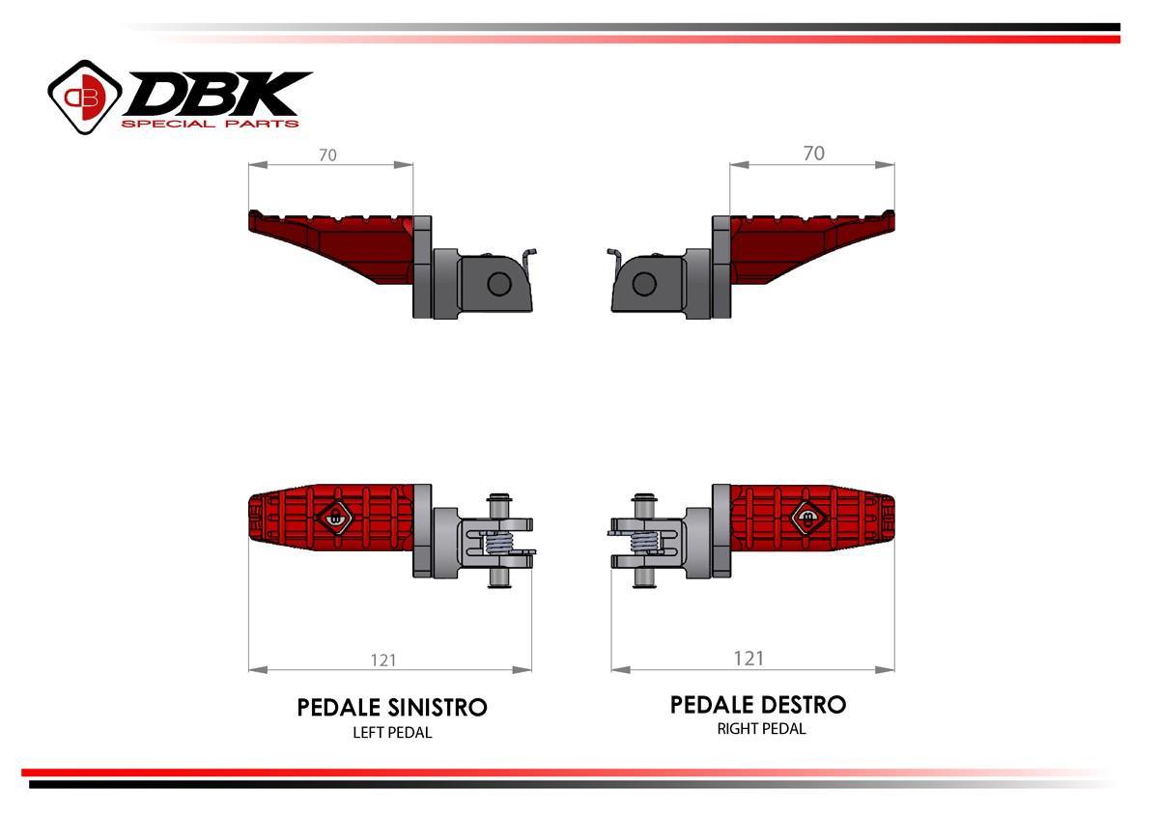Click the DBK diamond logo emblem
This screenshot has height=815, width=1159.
point(84,96)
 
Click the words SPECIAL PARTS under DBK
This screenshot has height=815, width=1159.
point(210,123)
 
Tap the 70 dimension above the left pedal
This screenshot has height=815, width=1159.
point(328,155)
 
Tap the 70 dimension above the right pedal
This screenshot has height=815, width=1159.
point(814,153)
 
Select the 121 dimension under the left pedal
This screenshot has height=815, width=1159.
point(383,660)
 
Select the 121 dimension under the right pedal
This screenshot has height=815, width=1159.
point(749,658)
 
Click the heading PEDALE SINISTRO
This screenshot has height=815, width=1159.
point(392,708)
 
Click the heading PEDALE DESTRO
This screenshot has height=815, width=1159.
point(758,705)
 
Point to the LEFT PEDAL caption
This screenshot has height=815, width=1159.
point(392,733)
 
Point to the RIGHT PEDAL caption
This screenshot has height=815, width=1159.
point(761,729)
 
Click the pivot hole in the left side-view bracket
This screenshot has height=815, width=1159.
point(498,283)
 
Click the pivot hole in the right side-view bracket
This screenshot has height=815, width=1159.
point(643,283)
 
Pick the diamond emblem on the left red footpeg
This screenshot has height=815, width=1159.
point(335,518)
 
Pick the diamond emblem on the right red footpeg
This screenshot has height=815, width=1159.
point(808,517)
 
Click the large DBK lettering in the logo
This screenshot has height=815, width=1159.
point(217,95)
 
